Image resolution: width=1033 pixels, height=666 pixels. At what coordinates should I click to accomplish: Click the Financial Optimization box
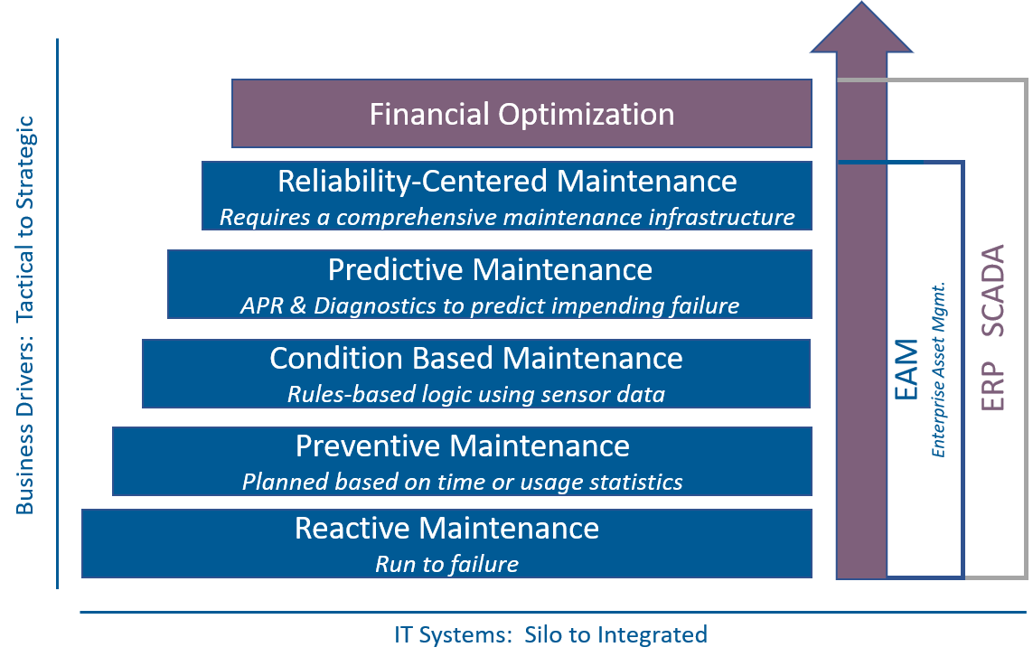[521, 113]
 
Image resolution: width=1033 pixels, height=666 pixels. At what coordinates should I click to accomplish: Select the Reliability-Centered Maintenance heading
[507, 181]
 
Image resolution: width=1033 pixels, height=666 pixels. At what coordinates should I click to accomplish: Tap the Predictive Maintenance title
[490, 269]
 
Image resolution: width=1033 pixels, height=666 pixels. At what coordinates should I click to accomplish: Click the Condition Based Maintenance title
[475, 359]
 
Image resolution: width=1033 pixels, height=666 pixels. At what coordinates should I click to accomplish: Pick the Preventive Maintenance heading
[463, 446]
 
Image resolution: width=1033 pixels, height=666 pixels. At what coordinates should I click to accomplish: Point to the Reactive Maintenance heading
[446, 529]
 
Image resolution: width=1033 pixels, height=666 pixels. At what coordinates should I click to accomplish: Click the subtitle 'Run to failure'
[446, 564]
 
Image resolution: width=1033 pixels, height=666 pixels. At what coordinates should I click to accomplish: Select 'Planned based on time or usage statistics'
[463, 482]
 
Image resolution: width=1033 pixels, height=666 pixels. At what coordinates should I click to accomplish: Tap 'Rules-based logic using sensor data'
[475, 394]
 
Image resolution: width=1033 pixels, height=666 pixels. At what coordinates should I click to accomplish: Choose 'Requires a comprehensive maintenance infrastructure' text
[507, 218]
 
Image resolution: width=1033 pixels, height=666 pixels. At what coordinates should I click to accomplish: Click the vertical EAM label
[906, 369]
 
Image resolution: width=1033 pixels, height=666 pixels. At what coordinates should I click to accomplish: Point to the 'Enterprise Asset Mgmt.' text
[938, 370]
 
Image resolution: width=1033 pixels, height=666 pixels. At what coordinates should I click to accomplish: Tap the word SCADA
[993, 290]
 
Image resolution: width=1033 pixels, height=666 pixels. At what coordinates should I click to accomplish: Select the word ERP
[993, 386]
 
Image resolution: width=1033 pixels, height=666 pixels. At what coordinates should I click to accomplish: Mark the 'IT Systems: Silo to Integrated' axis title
[550, 634]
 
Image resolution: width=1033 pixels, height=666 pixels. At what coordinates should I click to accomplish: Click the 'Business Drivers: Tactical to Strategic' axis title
[24, 314]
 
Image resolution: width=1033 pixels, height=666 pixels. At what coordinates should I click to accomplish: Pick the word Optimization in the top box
[587, 114]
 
